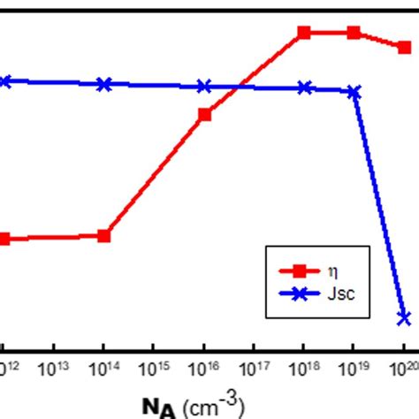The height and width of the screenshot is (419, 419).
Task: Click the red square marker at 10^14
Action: [x=104, y=236]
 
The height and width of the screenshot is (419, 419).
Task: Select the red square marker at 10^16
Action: [x=204, y=114]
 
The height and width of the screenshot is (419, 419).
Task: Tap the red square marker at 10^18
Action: [x=304, y=33]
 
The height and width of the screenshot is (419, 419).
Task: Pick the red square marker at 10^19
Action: [x=354, y=33]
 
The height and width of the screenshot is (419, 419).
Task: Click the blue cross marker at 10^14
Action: [x=104, y=84]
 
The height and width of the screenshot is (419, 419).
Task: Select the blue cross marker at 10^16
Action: [x=204, y=87]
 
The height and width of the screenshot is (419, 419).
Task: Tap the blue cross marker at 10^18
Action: [x=304, y=88]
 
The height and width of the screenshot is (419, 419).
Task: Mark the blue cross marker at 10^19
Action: [x=354, y=91]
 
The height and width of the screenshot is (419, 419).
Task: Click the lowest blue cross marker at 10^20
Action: [x=404, y=317]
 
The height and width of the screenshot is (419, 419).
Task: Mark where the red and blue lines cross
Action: [x=240, y=87]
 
